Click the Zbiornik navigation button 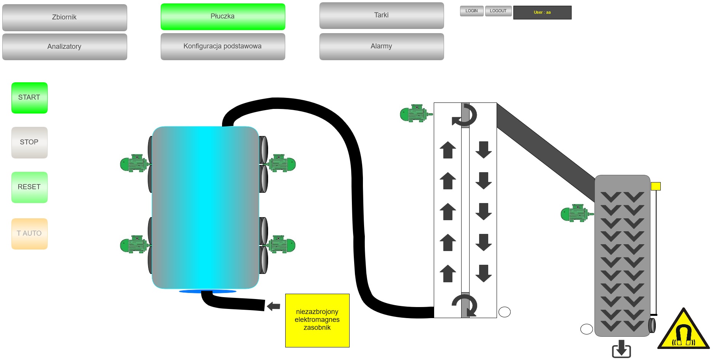click(64, 18)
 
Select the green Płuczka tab click(223, 17)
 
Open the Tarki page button click(382, 16)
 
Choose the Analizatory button click(64, 46)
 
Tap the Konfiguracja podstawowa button click(223, 46)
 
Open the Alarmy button click(382, 46)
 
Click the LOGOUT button click(498, 11)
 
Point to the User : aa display click(542, 13)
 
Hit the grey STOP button click(29, 142)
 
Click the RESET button click(29, 187)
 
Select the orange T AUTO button click(29, 234)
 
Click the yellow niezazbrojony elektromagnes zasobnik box click(317, 320)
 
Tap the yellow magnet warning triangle click(684, 331)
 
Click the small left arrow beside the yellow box click(273, 306)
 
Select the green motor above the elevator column click(415, 114)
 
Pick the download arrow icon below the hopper click(622, 349)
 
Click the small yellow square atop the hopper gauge click(655, 186)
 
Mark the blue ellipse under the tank click(208, 291)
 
